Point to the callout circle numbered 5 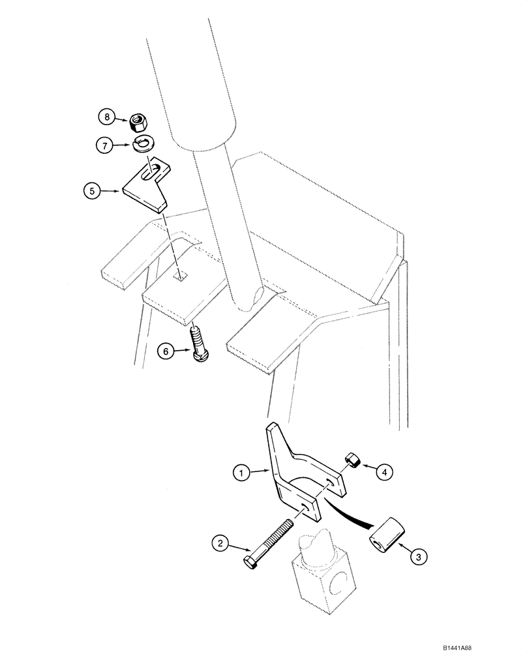(x=92, y=191)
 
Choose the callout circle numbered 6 (x=166, y=351)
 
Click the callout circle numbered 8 (x=106, y=117)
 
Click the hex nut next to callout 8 (x=137, y=119)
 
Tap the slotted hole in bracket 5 (x=151, y=173)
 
